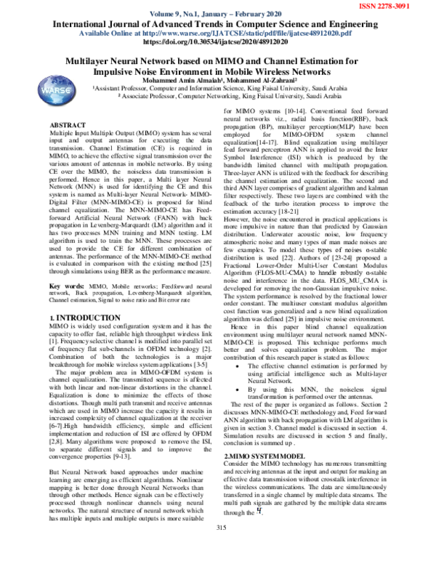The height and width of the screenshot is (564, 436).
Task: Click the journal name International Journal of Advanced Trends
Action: point(218,23)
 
